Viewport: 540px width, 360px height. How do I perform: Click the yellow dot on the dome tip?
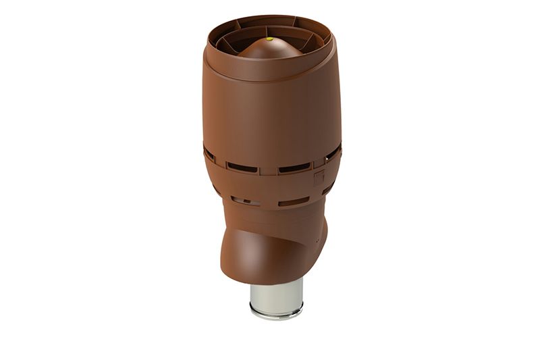click(x=270, y=39)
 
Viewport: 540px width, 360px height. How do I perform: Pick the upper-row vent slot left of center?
click(x=242, y=166)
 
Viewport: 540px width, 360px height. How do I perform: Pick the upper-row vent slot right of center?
click(x=294, y=167)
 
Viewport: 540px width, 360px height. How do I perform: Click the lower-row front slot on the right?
click(x=293, y=201)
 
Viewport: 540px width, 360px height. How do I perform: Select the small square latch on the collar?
click(x=319, y=177)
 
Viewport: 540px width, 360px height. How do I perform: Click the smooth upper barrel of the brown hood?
click(x=270, y=111)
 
